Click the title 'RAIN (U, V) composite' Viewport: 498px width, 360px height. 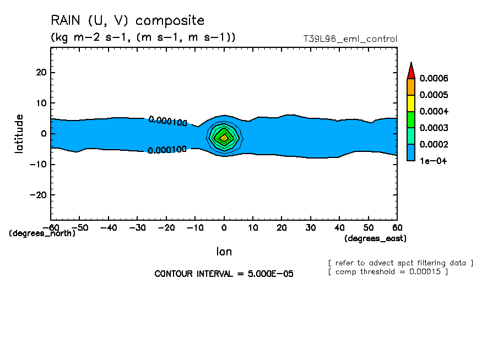pyautogui.click(x=127, y=21)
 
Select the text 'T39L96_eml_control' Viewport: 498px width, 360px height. pyautogui.click(x=350, y=39)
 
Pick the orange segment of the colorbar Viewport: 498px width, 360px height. pyautogui.click(x=410, y=86)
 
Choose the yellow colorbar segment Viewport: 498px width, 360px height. pyautogui.click(x=410, y=103)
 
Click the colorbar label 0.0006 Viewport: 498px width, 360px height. pyautogui.click(x=434, y=78)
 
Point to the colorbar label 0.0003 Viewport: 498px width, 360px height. pyautogui.click(x=434, y=128)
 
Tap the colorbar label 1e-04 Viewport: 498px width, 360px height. pyautogui.click(x=432, y=161)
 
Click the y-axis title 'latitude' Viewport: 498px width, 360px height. pyautogui.click(x=20, y=133)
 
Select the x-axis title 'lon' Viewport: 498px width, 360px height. pyautogui.click(x=224, y=252)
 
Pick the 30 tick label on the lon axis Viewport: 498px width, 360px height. pyautogui.click(x=311, y=227)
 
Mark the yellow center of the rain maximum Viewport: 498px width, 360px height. pyautogui.click(x=224, y=138)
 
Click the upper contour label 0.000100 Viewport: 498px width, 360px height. pyautogui.click(x=168, y=121)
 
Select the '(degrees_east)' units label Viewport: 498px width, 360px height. pyautogui.click(x=375, y=238)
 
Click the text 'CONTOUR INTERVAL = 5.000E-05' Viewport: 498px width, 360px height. pyautogui.click(x=224, y=274)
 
